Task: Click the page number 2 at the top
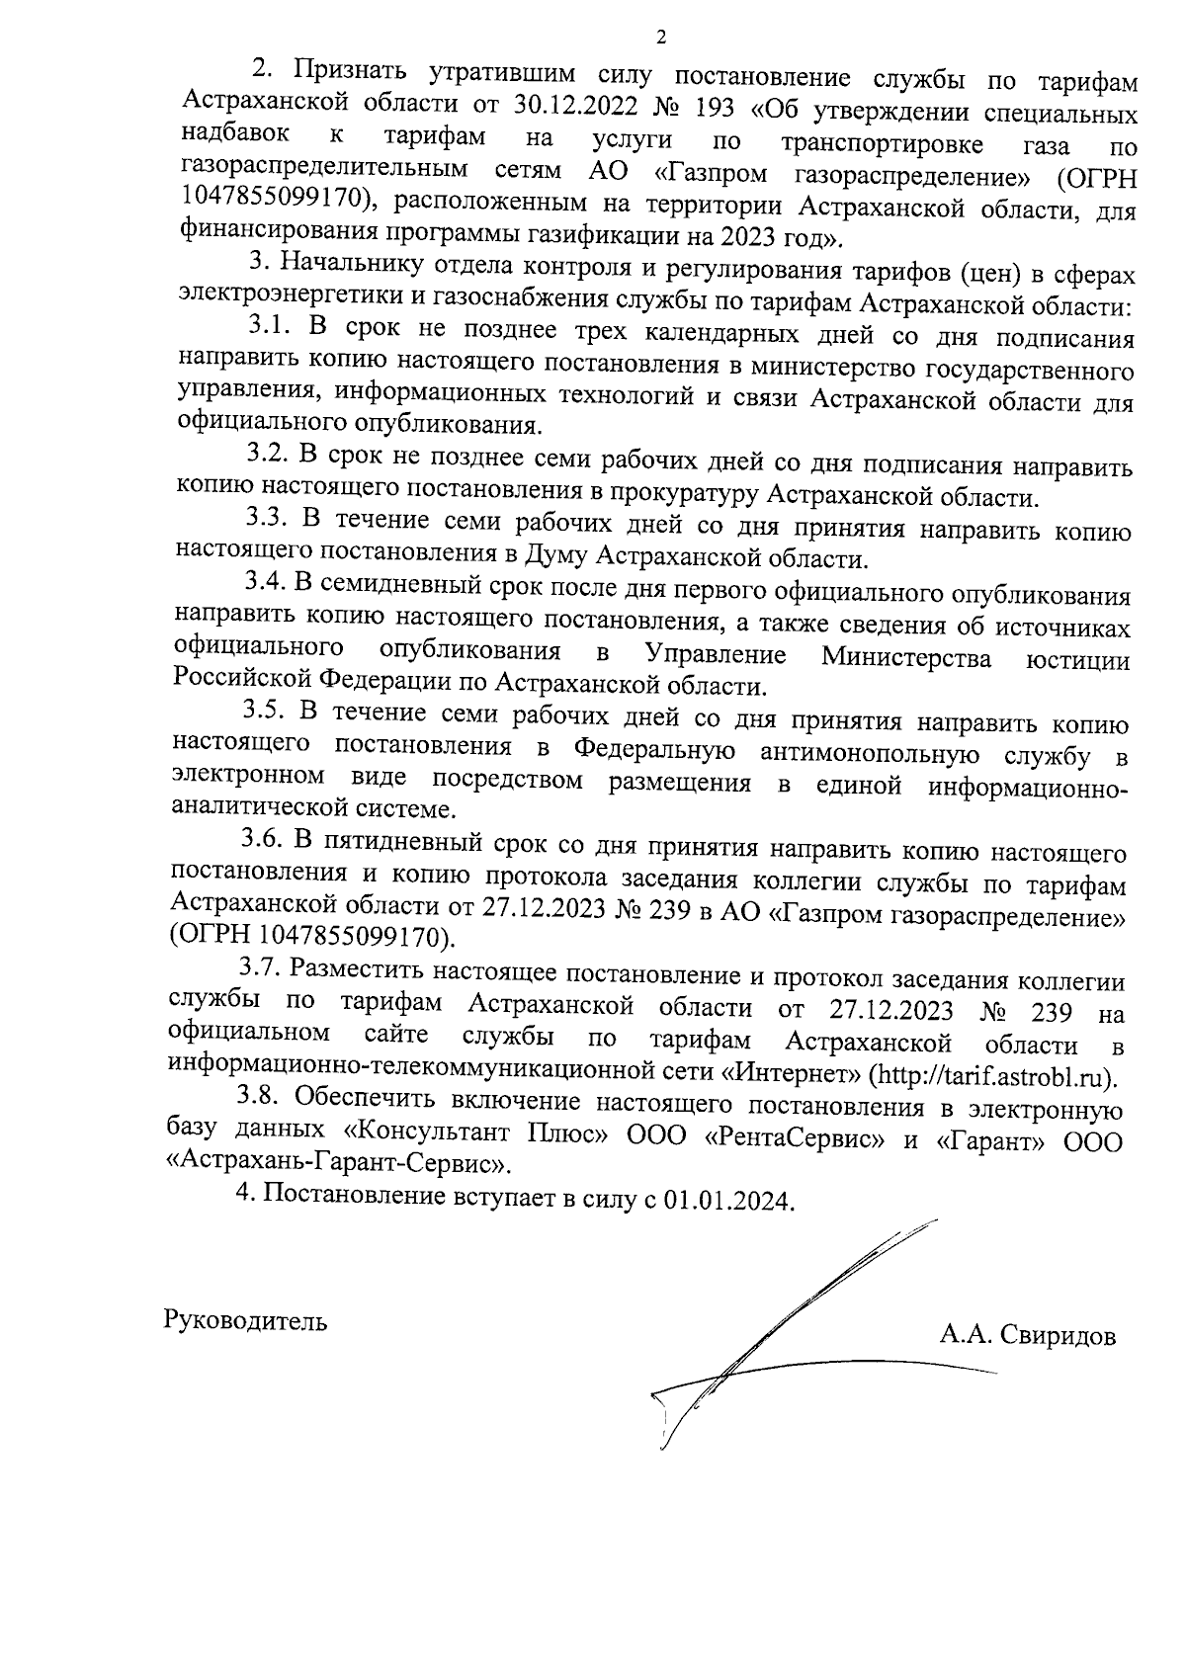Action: point(661,39)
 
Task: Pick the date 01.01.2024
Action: point(727,1202)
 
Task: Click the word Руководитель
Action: point(246,1321)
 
